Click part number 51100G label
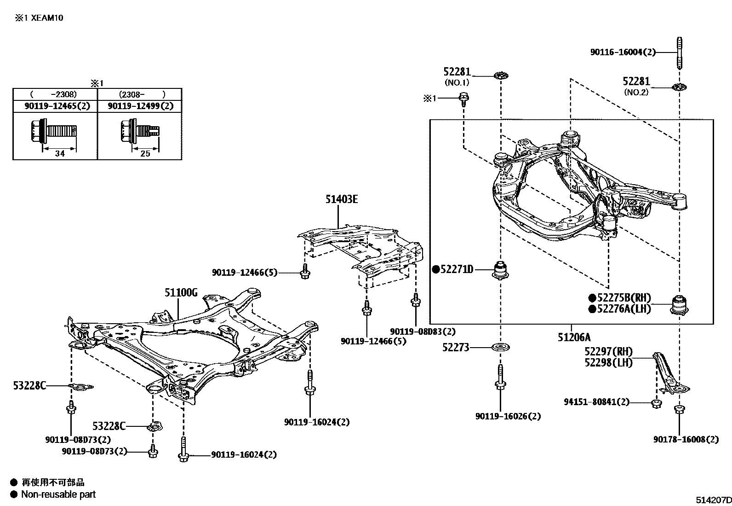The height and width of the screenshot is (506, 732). tap(181, 292)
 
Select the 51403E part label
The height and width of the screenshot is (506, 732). tap(341, 199)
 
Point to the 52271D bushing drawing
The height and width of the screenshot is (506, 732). tap(501, 270)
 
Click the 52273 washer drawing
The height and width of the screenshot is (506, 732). tap(500, 348)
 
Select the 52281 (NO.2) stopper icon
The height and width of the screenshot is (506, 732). tap(679, 87)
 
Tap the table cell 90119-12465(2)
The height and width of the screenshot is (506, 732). tap(57, 106)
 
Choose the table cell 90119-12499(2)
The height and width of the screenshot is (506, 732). tap(141, 106)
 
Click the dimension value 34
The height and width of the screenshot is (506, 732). tap(60, 154)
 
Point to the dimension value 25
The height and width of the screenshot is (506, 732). tap(145, 154)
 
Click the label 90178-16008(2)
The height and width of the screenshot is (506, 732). tap(686, 439)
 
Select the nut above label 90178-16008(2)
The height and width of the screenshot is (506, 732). tap(679, 409)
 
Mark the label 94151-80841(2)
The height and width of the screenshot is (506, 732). tap(596, 402)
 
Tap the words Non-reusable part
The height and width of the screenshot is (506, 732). tap(58, 494)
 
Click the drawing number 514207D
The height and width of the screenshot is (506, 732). tap(713, 500)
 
